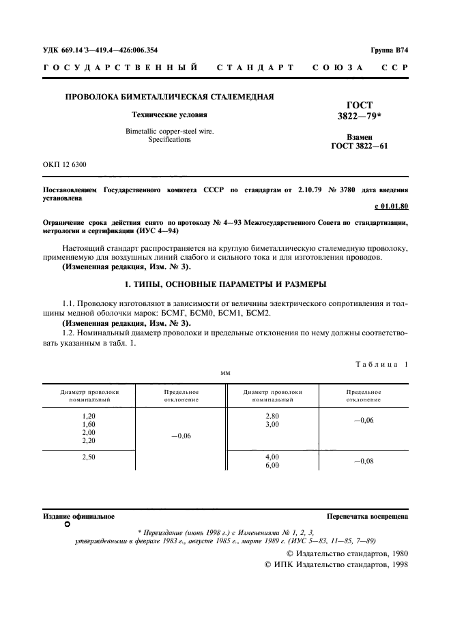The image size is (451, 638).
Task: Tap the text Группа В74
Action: pos(389,50)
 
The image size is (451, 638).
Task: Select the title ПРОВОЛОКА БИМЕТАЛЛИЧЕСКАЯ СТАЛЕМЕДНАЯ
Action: pos(169,97)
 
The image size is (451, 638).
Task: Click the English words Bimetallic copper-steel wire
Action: pos(170,131)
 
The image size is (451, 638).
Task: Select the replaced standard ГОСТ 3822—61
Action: pos(360,146)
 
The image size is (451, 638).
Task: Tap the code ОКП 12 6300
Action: pos(65,165)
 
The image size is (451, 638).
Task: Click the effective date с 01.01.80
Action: pos(391,205)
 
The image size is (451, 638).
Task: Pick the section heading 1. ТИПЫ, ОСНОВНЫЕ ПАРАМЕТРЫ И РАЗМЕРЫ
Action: pos(225,284)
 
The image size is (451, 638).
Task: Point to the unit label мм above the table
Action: pos(225,373)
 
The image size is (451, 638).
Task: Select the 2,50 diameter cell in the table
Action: pos(89,457)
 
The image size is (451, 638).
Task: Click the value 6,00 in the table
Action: pos(272,466)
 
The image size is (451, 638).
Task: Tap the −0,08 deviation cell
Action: pos(363,461)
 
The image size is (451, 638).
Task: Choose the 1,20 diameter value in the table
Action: pos(89,416)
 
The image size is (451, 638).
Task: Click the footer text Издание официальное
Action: pos(79,517)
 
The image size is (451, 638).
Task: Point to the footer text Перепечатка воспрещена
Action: pos(367,517)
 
